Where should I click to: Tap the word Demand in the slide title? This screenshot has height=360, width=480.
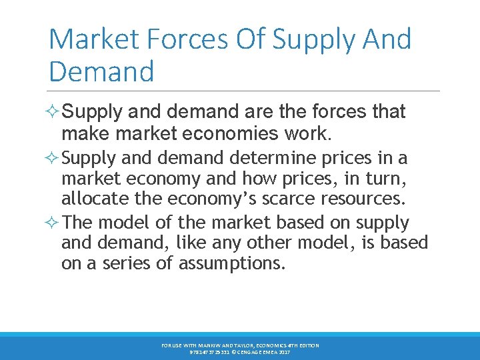101,71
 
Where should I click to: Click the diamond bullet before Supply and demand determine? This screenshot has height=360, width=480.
54,159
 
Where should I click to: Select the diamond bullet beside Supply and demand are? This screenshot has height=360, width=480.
54,112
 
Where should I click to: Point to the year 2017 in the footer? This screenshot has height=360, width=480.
283,351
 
